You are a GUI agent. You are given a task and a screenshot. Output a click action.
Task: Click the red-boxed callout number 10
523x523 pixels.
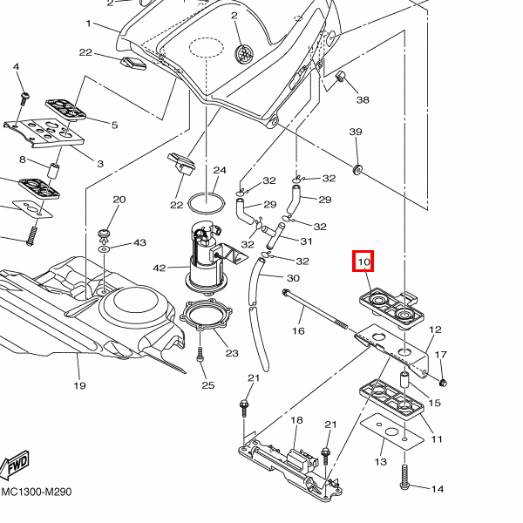[363, 261]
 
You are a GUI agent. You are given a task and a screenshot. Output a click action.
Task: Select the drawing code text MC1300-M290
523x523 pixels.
[37, 492]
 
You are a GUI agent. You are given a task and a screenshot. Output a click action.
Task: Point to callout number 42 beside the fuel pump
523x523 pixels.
[159, 268]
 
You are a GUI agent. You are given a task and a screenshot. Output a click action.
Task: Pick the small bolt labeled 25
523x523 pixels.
[200, 356]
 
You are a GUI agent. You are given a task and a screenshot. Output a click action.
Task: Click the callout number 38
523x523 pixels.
[363, 100]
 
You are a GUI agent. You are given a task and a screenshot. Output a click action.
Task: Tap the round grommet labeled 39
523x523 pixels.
[358, 166]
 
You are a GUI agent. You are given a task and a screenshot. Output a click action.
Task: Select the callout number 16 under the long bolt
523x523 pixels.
[298, 331]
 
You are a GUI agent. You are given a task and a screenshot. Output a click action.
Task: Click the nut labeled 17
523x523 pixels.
[444, 383]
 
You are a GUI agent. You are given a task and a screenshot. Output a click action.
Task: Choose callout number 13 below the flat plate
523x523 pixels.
[381, 461]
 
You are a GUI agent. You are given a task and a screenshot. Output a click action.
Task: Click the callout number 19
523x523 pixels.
[79, 385]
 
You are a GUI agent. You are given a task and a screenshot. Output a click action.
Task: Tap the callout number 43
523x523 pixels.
[139, 242]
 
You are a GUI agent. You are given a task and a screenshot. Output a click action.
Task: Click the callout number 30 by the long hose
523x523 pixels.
[293, 278]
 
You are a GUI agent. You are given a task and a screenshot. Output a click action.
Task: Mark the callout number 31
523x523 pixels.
[306, 241]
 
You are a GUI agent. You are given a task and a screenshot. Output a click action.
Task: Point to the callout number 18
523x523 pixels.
[296, 420]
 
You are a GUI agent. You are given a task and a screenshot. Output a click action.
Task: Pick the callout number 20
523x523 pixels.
[119, 200]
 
